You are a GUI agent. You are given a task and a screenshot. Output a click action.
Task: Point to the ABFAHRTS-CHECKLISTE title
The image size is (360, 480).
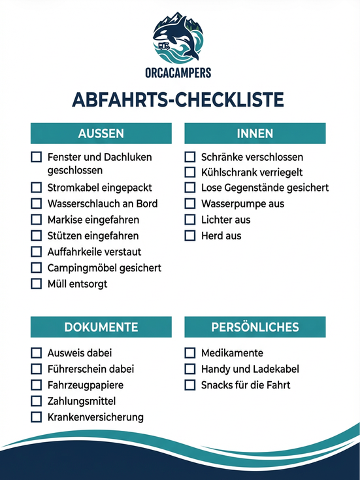[x=178, y=99]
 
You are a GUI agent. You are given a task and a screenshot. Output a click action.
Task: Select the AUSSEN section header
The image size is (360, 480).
[x=101, y=133]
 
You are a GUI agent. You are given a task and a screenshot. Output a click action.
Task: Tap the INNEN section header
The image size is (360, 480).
[x=255, y=133]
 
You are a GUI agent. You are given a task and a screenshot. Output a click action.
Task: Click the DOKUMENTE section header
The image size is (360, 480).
[x=101, y=327]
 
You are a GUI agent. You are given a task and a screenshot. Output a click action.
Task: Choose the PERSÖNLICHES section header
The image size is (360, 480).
[x=255, y=327]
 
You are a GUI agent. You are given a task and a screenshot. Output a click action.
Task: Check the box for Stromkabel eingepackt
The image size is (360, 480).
[x=37, y=188]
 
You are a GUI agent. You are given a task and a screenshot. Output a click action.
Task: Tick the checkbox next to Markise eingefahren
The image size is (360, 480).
[x=37, y=220]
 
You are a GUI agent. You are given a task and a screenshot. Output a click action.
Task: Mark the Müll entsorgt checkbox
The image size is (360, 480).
[x=37, y=284]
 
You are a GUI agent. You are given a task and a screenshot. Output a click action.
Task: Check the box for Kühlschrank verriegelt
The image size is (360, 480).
[x=190, y=173]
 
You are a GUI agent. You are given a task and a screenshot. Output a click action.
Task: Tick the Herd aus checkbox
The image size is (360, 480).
[x=190, y=235]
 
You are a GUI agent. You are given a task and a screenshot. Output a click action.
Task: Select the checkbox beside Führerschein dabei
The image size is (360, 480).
[x=37, y=369]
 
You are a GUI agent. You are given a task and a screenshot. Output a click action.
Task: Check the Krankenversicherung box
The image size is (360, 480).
[x=37, y=417]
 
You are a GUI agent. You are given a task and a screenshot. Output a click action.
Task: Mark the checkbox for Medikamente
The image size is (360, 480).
[x=190, y=353]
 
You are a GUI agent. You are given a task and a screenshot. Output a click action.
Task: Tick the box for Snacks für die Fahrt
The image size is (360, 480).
[x=190, y=385]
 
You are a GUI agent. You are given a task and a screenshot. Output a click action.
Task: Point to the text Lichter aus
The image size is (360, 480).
[x=225, y=220]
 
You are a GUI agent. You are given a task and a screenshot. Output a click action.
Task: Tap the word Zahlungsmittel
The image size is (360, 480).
[x=81, y=401]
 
